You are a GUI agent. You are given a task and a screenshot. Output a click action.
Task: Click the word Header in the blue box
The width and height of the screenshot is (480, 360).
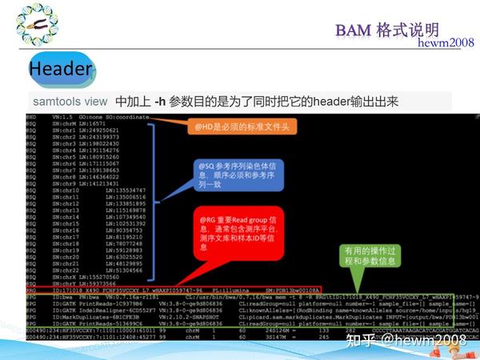tap(60, 70)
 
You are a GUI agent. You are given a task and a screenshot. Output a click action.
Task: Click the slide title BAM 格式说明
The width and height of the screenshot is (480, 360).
tap(386, 30)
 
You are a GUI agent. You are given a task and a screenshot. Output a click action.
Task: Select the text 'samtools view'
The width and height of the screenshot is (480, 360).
tap(70, 102)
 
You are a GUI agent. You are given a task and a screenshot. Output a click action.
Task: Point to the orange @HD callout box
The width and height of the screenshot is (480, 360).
tap(238, 126)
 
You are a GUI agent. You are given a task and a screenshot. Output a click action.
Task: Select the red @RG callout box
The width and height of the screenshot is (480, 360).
tap(238, 234)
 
